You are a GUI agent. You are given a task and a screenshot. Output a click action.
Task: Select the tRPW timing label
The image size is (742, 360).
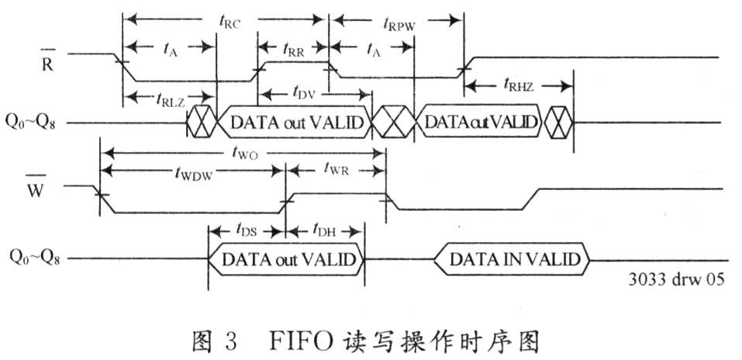point(399,24)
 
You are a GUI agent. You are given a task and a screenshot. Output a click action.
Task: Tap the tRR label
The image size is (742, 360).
point(293,49)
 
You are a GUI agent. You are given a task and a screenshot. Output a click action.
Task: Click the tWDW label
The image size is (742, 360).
point(192,173)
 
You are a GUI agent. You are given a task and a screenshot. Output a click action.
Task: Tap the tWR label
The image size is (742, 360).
point(336,168)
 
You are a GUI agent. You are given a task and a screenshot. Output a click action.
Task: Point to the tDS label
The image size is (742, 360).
point(246,230)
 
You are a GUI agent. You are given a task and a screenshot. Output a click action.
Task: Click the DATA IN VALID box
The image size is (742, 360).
point(512,260)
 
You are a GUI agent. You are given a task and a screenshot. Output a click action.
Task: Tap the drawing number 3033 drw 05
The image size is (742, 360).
point(676,279)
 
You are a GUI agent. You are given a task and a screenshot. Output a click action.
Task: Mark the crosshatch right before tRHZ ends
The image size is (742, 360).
point(558,123)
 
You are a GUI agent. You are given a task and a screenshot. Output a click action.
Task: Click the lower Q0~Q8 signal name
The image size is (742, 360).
point(35,258)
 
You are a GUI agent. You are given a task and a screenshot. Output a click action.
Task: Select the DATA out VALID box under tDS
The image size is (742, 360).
point(286,260)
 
